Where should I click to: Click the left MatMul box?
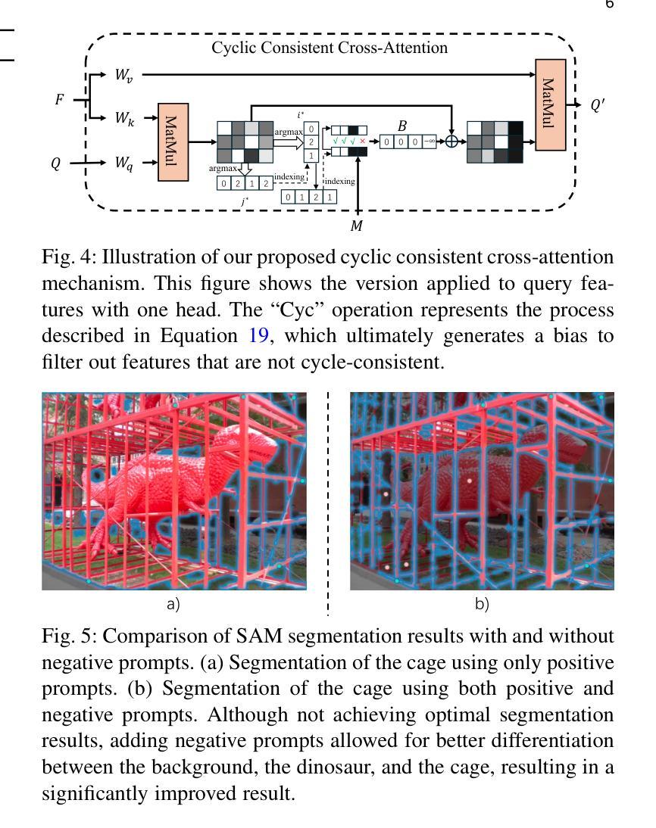pyautogui.click(x=173, y=142)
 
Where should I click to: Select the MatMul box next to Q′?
pyautogui.click(x=550, y=104)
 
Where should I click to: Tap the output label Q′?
pyautogui.click(x=598, y=105)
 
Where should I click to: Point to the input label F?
pyautogui.click(x=60, y=99)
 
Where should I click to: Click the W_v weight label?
pyautogui.click(x=123, y=75)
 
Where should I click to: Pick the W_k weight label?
pyautogui.click(x=125, y=118)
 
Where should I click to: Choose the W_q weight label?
pyautogui.click(x=124, y=163)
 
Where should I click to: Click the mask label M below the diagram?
pyautogui.click(x=357, y=226)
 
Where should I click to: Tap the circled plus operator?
pyautogui.click(x=451, y=142)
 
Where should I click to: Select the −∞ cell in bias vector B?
pyautogui.click(x=430, y=142)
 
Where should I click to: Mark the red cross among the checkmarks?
pyautogui.click(x=362, y=142)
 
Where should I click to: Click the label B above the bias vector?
pyautogui.click(x=402, y=126)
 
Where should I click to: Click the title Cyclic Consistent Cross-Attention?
pyautogui.click(x=330, y=48)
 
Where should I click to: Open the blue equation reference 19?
pyautogui.click(x=258, y=336)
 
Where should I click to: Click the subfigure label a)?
pyautogui.click(x=173, y=603)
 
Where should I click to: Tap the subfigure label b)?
pyautogui.click(x=482, y=603)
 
